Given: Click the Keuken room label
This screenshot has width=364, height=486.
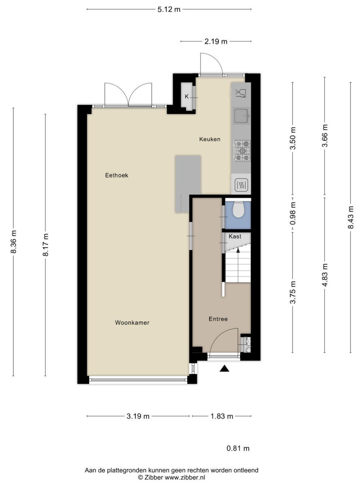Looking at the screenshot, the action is coord(210,139).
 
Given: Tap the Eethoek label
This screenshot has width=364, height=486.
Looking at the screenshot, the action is coord(117,175).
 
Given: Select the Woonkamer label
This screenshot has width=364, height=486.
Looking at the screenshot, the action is coord(132,323).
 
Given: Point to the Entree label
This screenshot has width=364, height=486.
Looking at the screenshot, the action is coord(218,319).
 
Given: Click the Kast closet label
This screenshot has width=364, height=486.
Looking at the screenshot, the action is coord(235,236).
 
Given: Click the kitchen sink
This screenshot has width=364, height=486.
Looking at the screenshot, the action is coord(241,116).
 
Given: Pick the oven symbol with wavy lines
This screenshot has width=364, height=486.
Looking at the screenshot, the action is coord(241,185).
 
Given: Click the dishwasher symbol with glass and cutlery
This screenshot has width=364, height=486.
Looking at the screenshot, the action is coord(241,93).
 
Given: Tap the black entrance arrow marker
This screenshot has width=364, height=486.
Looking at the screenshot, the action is coord(224,368).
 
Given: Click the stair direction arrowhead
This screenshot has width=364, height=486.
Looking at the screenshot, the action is coord(238,250).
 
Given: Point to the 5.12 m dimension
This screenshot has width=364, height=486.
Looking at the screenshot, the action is coord(169,10).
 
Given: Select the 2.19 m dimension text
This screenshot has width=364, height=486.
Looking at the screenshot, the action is coord(216,41).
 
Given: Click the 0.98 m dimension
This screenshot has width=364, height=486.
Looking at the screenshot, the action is coord(293,213).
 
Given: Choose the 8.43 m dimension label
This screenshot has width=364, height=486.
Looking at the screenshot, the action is coord(351,217).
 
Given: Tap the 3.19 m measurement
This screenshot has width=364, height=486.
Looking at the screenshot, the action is coord(138,416).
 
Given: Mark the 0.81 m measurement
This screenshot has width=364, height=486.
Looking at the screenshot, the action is coord(238,449).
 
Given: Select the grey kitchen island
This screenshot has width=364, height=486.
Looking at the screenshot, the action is coord(188,184).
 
